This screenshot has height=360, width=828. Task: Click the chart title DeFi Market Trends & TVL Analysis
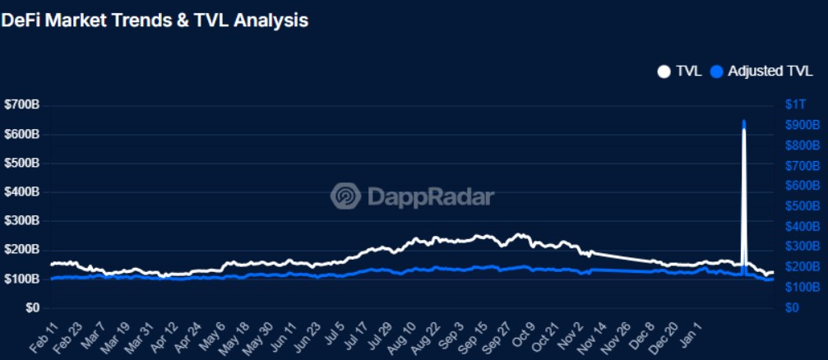click(155, 21)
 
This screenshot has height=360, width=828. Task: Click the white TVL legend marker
click(664, 72)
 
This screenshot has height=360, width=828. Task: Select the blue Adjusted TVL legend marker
click(716, 72)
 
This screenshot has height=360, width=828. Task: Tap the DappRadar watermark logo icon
click(345, 196)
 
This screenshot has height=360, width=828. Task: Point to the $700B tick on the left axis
click(22, 105)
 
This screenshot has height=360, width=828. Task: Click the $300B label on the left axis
click(22, 221)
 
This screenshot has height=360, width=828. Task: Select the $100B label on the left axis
click(22, 279)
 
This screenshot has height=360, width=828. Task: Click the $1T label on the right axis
click(794, 105)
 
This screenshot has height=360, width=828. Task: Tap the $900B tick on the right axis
click(802, 125)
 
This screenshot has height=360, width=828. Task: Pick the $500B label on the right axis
click(802, 206)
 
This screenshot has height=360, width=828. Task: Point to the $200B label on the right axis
click(802, 267)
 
